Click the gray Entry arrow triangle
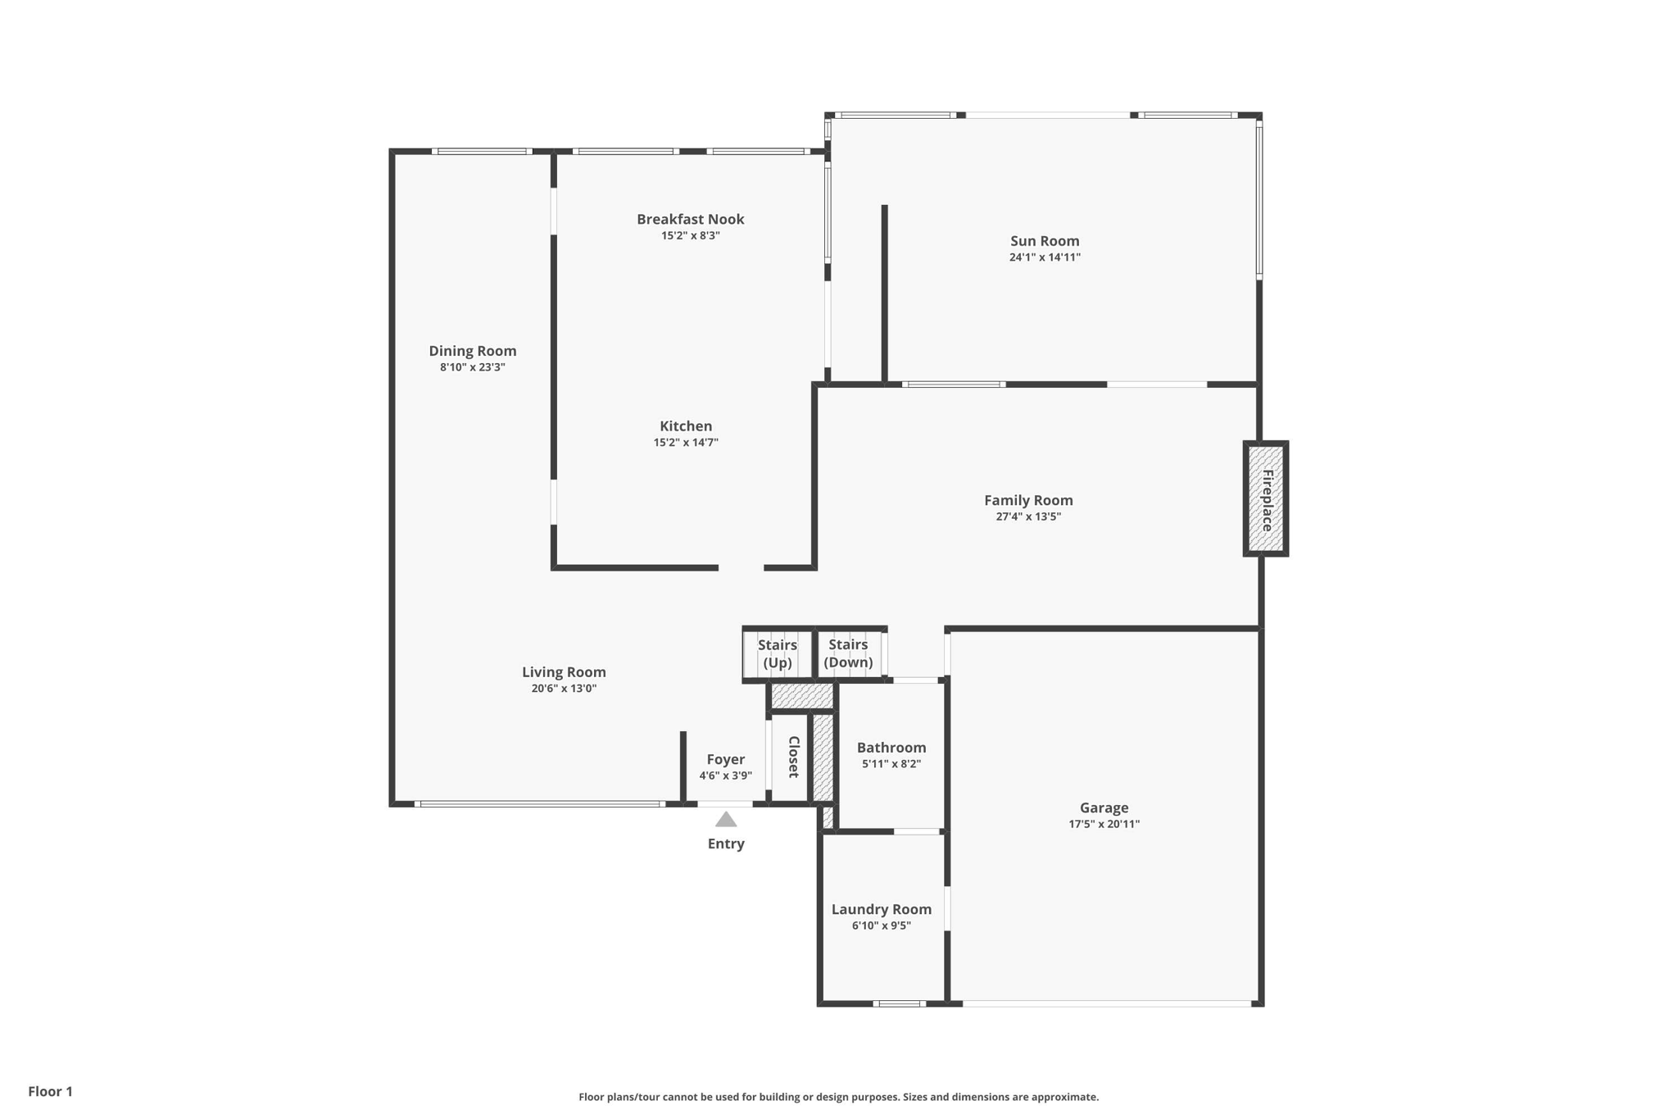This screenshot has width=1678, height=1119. [726, 819]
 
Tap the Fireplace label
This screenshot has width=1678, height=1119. [1267, 499]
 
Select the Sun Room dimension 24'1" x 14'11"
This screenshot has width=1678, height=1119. [1045, 257]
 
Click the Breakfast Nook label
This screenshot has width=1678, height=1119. [691, 219]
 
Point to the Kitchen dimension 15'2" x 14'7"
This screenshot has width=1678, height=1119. [686, 443]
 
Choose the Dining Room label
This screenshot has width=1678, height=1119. [473, 351]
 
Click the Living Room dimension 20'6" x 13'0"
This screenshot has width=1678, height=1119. [564, 689]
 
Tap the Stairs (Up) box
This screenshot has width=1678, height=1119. [778, 653]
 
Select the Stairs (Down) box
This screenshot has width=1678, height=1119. [849, 653]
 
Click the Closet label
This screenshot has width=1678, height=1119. [793, 757]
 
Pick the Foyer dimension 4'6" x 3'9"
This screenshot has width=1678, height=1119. [725, 776]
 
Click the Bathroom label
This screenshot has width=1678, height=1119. [891, 748]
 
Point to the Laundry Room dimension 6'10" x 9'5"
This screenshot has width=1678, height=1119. [882, 926]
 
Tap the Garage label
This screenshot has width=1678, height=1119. [1104, 807]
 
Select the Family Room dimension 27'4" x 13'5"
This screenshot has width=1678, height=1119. [1028, 516]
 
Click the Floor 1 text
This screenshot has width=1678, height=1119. [50, 1091]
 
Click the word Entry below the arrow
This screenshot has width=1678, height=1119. [726, 844]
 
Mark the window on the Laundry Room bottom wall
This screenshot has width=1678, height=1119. [899, 1003]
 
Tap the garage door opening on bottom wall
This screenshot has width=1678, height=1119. [1106, 1003]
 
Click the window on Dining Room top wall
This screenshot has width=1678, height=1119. [482, 152]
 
